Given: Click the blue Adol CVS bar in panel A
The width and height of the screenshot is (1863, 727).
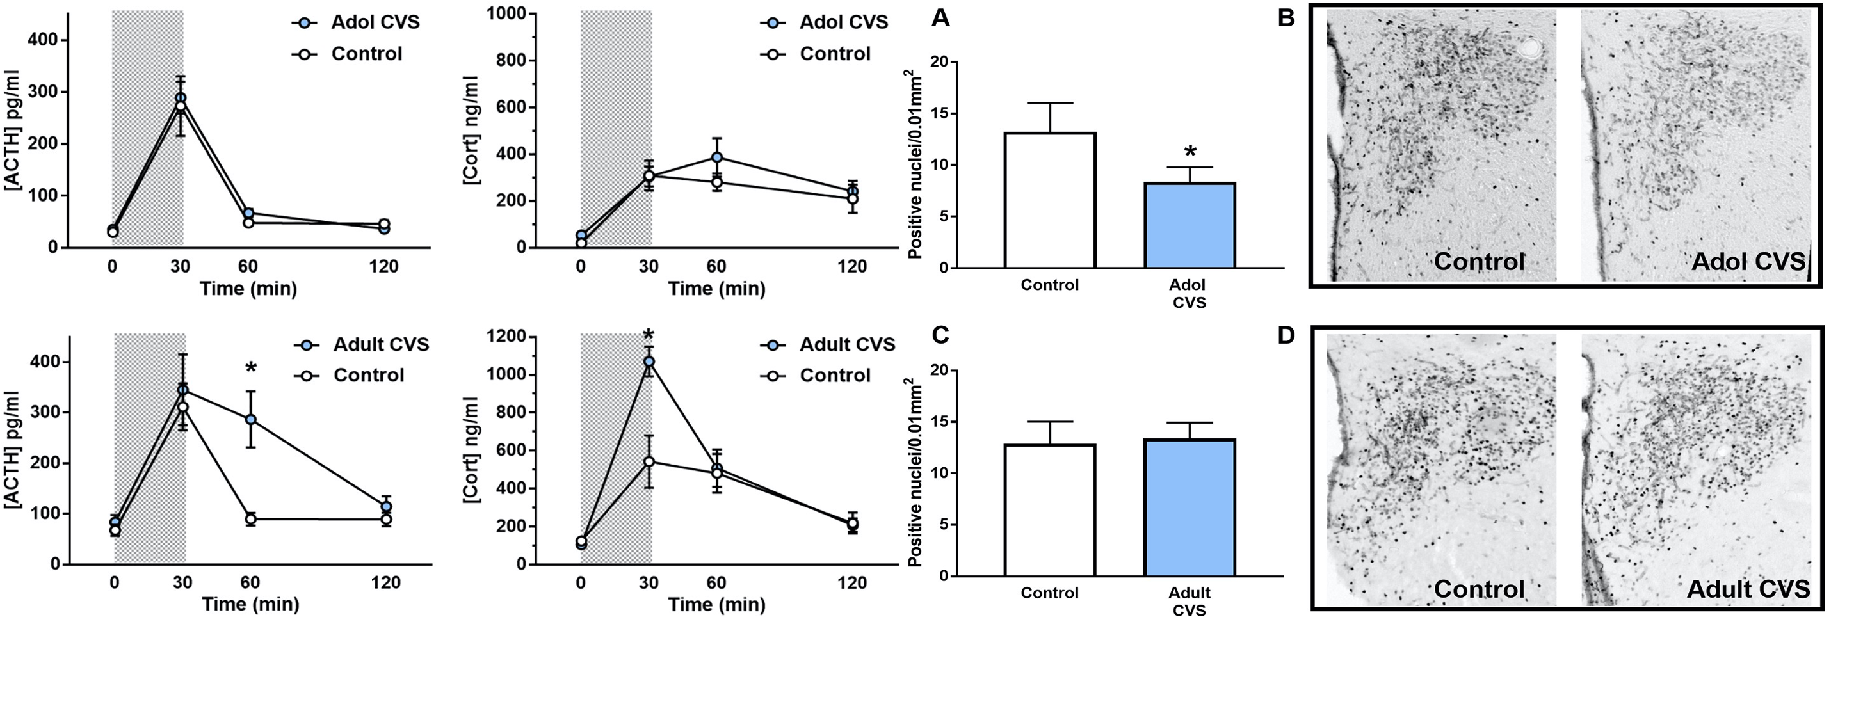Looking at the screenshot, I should [1190, 225].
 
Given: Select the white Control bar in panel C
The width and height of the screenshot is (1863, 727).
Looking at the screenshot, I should [1050, 509].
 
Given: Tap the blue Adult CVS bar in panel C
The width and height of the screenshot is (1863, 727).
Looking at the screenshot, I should [1190, 507].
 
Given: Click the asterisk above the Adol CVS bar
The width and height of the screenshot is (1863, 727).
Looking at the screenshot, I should [1190, 152].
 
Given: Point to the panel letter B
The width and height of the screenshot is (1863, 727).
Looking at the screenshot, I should [1286, 18].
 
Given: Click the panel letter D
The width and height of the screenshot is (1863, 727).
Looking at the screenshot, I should [1286, 336].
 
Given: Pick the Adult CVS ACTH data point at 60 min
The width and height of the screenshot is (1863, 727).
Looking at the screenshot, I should [250, 419].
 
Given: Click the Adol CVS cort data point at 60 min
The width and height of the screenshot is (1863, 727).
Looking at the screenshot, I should [716, 157].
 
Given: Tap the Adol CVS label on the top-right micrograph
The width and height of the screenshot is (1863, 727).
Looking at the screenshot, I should [1748, 262].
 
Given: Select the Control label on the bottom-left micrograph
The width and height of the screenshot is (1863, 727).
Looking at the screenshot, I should [1479, 589].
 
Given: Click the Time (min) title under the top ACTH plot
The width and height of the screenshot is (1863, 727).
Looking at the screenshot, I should [248, 289].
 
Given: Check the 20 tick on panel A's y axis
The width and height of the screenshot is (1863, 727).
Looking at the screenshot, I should [939, 62].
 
